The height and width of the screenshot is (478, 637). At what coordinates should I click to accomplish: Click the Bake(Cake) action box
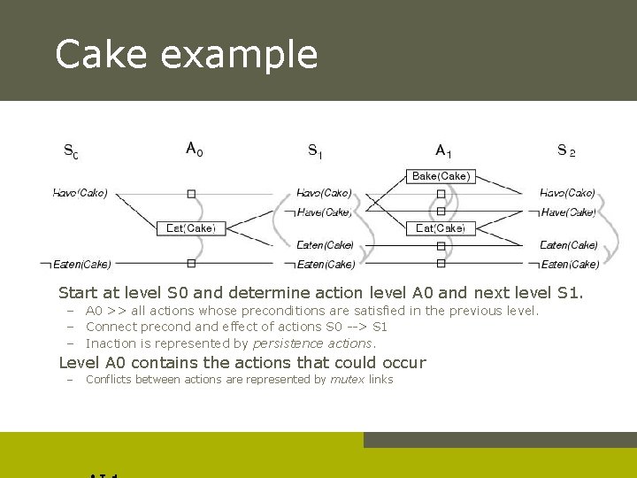coord(441,176)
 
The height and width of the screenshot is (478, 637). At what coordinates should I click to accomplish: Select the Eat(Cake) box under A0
coord(191,228)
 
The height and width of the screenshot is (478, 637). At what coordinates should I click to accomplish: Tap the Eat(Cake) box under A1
coord(441,228)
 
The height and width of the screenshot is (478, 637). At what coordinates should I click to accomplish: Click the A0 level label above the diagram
coord(194,150)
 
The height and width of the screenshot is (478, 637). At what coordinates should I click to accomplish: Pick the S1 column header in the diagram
coord(315,151)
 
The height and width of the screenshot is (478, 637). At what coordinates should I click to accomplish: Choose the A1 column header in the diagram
coord(443,151)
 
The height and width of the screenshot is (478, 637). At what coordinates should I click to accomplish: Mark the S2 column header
coord(566,150)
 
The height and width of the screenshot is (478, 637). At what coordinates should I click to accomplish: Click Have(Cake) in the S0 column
coord(81,193)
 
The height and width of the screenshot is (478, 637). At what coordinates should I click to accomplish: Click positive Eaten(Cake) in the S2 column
coord(569,245)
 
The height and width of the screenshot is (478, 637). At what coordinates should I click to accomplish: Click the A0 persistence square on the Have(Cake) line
coord(191,193)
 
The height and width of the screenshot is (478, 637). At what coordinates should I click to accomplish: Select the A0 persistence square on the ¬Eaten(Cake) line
coord(191,263)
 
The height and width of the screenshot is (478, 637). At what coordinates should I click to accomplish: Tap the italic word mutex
coord(347,380)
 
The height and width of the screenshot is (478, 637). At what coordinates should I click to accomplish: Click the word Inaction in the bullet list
coord(111,343)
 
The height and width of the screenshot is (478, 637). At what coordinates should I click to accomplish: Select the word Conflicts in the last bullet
coord(111,380)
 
